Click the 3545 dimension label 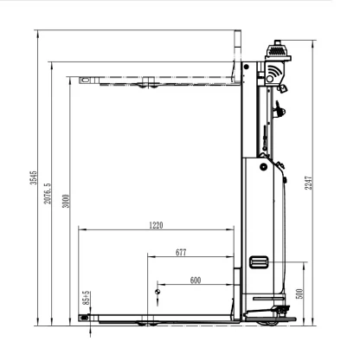[34, 177]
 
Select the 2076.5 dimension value [48, 193]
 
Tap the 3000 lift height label [66, 201]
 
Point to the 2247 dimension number [309, 183]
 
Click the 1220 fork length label [156, 225]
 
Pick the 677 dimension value [181, 253]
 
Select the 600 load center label [196, 280]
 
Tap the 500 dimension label [300, 293]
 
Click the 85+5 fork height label [86, 298]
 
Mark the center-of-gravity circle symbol [157, 292]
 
